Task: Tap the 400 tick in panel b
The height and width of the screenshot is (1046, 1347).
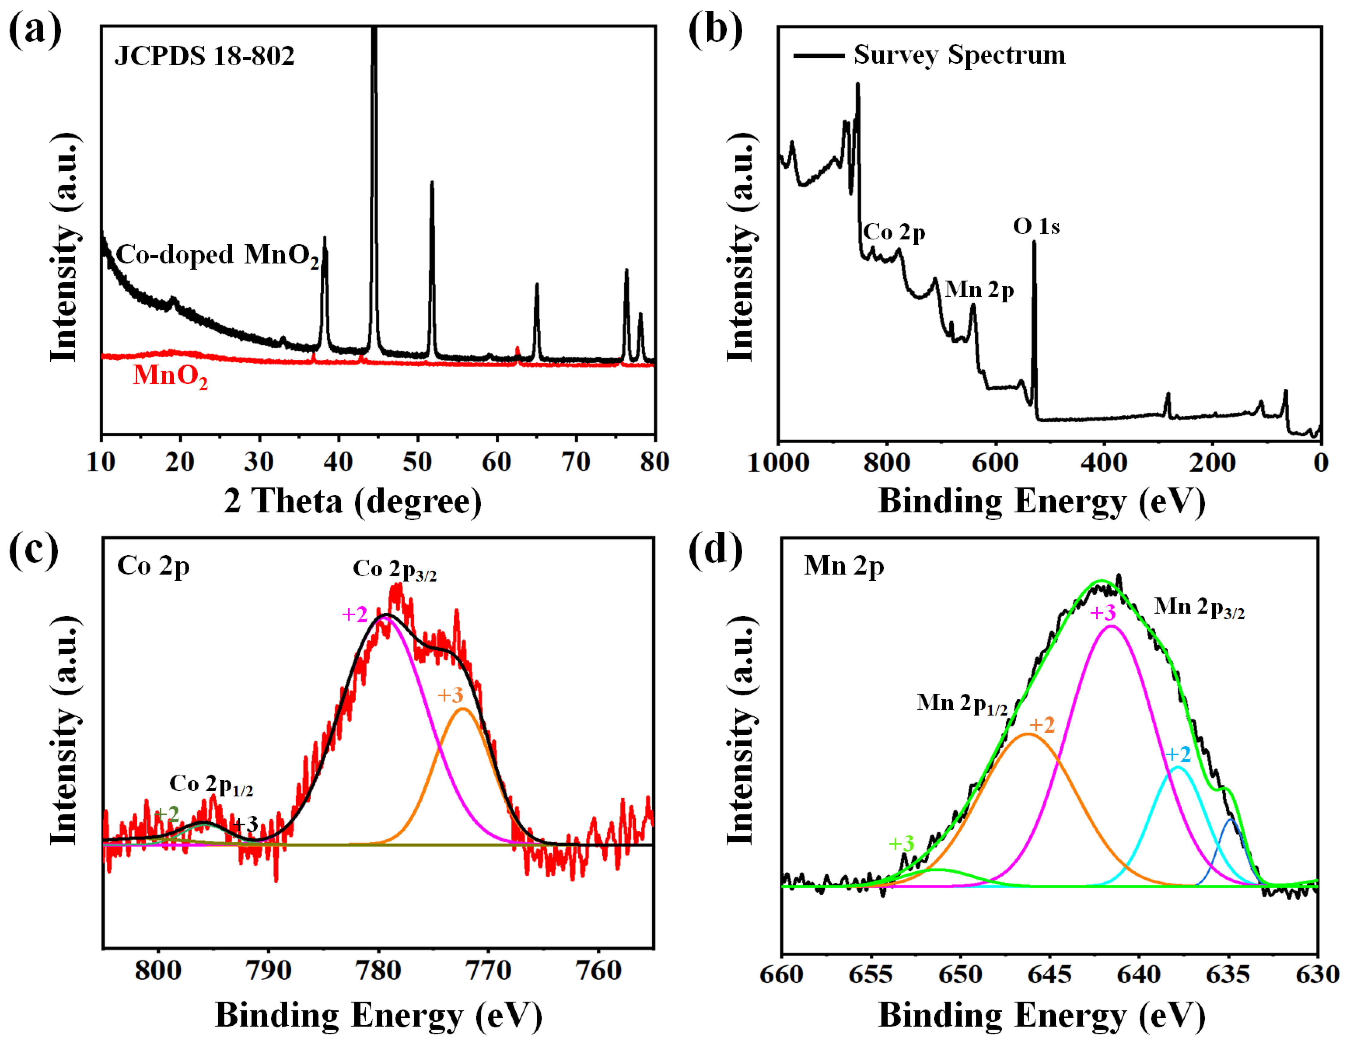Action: tap(1104, 462)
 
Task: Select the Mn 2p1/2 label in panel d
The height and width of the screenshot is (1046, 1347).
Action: tap(962, 703)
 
